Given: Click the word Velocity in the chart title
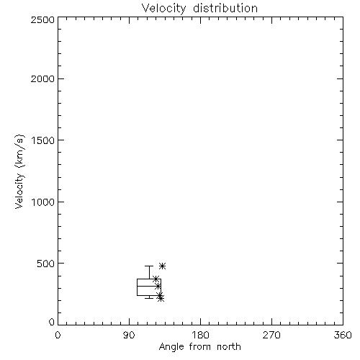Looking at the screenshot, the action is [164, 9].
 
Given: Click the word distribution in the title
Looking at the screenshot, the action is [225, 8].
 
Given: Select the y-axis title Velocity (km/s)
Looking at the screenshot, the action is [19, 171].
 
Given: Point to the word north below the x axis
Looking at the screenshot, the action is [229, 347].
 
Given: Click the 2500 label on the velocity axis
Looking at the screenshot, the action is [43, 19].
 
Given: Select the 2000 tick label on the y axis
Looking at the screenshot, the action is [43, 78].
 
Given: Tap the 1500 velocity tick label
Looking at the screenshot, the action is [43, 140].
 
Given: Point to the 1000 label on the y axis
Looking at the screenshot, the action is [43, 202].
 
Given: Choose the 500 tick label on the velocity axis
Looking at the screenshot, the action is [46, 264].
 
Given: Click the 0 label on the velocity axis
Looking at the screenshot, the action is [52, 322].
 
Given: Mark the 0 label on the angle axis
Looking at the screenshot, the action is [58, 335].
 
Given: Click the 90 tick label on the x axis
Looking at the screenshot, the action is [129, 335].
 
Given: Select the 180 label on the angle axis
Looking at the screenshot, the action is [200, 335].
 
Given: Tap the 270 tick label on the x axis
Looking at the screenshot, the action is [271, 335].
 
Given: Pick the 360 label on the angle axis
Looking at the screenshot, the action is [343, 335].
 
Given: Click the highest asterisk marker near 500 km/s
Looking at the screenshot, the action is [163, 266].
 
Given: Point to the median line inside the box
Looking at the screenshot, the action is [149, 286].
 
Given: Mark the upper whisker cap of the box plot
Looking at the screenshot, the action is [149, 266].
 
